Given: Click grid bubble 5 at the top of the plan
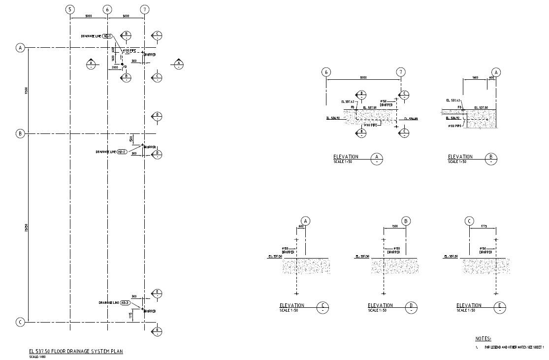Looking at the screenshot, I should point(70,10).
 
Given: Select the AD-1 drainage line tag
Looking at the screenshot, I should point(108,36).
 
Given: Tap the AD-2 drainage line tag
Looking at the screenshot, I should point(122,152).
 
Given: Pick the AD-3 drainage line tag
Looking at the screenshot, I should point(125,303).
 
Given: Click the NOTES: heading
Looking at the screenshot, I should point(483,339).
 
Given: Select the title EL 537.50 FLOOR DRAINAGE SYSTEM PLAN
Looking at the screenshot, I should point(76,351).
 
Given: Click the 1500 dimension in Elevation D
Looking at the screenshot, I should point(395,227).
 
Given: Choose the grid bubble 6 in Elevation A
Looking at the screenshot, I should point(325,72).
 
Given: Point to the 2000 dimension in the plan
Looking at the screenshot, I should point(114,66).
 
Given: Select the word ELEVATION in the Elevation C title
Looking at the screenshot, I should point(292,305).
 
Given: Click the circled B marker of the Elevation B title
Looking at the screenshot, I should point(491,159).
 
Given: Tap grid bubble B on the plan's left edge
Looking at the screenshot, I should point(20,133).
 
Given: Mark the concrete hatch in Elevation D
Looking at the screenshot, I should point(395,266).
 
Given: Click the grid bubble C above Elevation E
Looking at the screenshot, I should point(469,221).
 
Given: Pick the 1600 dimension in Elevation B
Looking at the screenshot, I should point(475,77).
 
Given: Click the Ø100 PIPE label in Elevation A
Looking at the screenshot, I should point(370,125).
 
